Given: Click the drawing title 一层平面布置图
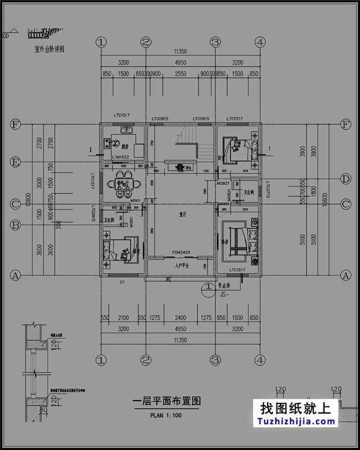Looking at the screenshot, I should tap(166, 402).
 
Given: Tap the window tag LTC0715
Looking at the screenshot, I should tap(268, 190).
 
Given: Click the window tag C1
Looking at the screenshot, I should tap(123, 283).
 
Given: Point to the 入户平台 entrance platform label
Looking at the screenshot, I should tap(182, 266).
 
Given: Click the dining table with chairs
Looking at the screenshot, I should tap(122, 185).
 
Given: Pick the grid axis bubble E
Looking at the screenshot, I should tap(15, 162).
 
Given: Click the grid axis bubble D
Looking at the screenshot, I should tap(346, 178).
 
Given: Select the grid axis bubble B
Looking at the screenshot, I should tap(15, 225).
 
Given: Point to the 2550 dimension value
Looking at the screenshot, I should tap(180, 74).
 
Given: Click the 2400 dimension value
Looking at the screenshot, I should tap(181, 318).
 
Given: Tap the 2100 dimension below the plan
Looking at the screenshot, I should tap(123, 318).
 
